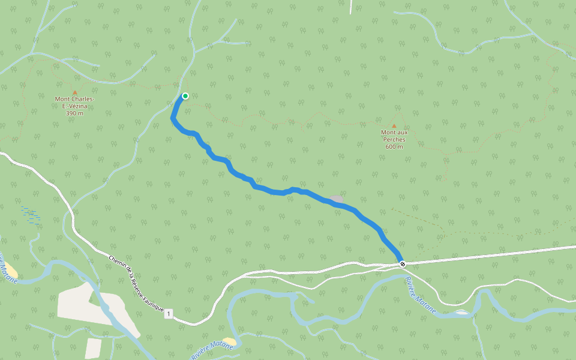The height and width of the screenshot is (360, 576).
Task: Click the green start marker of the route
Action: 185,96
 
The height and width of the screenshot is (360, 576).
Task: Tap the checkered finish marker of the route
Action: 403,264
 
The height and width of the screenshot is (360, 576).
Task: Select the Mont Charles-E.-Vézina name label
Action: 74,103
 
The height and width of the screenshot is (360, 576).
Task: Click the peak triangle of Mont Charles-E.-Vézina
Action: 75,92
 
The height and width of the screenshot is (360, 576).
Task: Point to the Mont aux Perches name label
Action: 394,136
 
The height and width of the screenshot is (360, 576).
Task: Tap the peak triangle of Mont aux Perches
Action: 394,125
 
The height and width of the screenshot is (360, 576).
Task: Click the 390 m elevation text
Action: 74,113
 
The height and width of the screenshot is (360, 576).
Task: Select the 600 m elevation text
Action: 394,146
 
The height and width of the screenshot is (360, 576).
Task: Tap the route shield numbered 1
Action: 170,314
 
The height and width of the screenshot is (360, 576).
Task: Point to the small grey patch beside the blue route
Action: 337,199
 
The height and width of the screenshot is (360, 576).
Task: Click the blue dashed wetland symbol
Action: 30,214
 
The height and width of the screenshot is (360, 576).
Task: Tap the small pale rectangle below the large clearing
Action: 93,348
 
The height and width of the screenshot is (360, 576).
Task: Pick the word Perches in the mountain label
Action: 394,139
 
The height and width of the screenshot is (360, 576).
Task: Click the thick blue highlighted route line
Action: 270,191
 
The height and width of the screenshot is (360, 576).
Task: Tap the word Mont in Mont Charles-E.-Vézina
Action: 62,99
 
